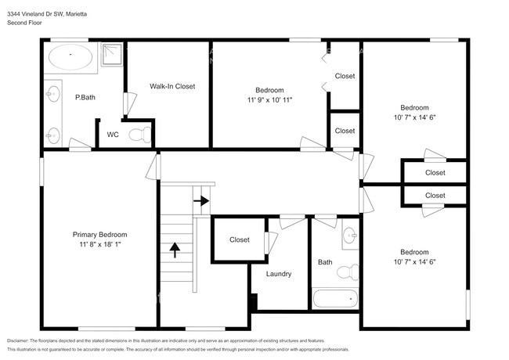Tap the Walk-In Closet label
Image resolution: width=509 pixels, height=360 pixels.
tap(172, 86)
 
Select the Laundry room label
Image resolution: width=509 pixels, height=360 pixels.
tap(279, 274)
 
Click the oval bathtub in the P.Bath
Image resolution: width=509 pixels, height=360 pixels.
tap(70, 56)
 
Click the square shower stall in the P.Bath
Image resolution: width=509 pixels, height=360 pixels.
tap(113, 54)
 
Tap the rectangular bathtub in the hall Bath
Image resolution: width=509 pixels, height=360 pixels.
tap(334, 299)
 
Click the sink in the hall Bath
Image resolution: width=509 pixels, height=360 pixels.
tap(350, 234)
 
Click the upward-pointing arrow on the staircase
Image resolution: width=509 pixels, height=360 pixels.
tap(175, 250)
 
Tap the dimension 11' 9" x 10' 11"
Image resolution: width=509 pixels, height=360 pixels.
tap(269, 100)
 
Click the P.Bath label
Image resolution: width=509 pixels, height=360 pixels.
tap(85, 98)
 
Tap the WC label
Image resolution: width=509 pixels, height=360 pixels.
tap(113, 135)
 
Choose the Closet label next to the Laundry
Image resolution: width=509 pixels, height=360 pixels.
tap(240, 239)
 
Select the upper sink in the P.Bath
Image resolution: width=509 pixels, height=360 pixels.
tap(52, 94)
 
